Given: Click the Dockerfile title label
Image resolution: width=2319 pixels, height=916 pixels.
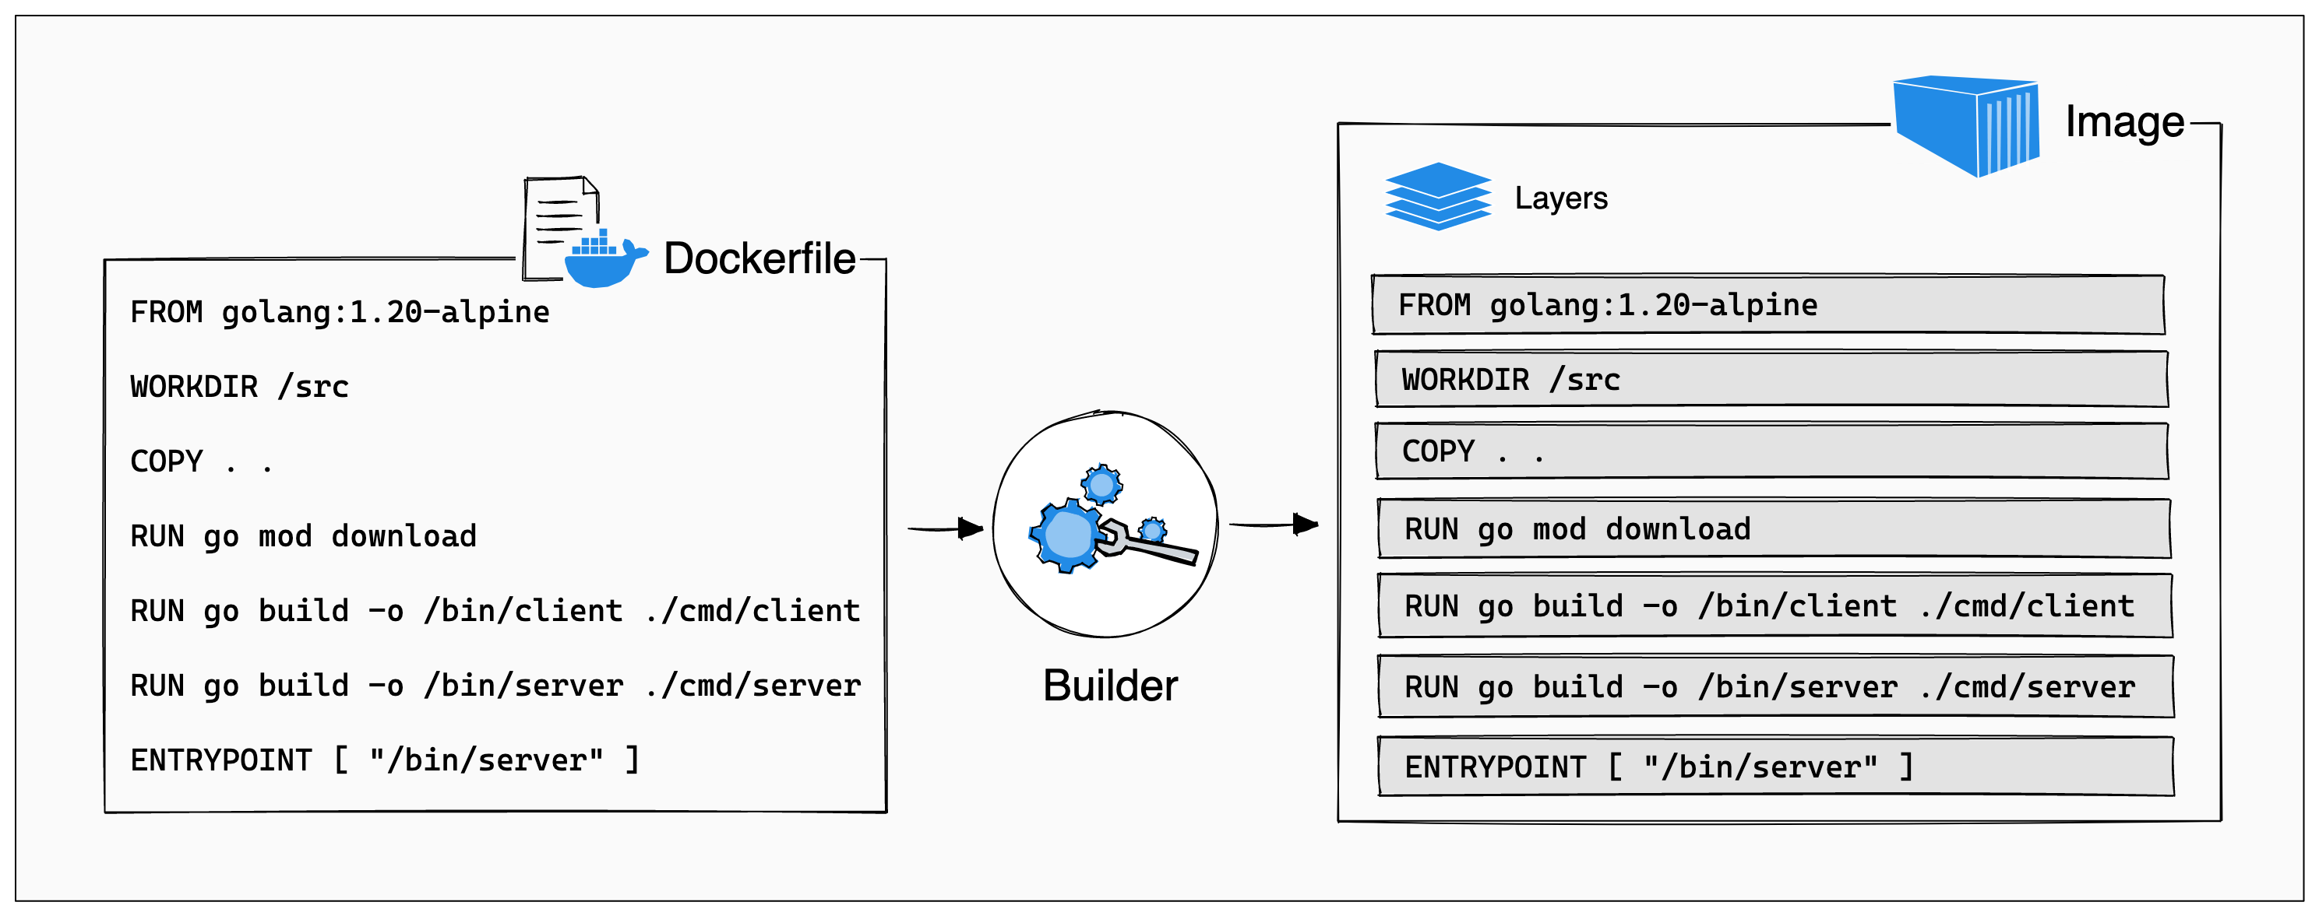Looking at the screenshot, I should pyautogui.click(x=759, y=259).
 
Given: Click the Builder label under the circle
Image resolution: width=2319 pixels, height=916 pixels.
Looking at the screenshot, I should pyautogui.click(x=1109, y=686).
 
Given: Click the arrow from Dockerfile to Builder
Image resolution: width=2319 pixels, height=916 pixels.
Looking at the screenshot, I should pyautogui.click(x=945, y=528).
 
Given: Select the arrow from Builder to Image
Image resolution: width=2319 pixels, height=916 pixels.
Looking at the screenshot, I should pyautogui.click(x=1273, y=524).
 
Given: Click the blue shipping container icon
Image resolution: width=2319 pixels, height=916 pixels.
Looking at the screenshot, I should pyautogui.click(x=1965, y=125).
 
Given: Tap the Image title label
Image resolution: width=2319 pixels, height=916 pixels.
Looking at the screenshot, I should pyautogui.click(x=2123, y=122).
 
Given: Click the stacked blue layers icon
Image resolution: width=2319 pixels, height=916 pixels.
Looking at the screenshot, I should pyautogui.click(x=1438, y=196).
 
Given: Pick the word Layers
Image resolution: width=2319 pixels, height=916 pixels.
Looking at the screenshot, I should pyautogui.click(x=1560, y=198).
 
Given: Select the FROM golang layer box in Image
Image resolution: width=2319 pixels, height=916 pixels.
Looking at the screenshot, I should pyautogui.click(x=1767, y=305).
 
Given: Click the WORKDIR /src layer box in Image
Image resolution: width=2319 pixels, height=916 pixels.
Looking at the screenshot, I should pyautogui.click(x=1770, y=379).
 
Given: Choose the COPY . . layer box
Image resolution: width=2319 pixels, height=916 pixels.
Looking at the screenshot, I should pyautogui.click(x=1771, y=451).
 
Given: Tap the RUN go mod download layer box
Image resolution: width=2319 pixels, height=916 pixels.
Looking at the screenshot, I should pyautogui.click(x=1773, y=529).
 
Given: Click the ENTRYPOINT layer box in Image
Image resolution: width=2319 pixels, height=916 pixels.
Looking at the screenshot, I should pyautogui.click(x=1774, y=767).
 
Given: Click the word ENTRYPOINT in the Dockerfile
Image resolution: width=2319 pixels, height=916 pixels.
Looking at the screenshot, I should pyautogui.click(x=220, y=760).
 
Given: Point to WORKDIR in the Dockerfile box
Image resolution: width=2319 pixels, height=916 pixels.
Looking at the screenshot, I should pyautogui.click(x=193, y=387).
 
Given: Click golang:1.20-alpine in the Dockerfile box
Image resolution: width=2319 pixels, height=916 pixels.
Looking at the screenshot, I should pyautogui.click(x=386, y=312).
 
